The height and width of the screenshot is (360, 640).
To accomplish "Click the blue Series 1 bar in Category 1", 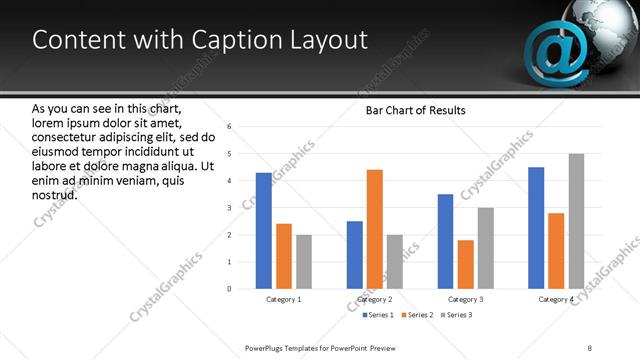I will pos(264,231).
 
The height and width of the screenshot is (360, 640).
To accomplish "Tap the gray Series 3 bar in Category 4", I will pos(576,221).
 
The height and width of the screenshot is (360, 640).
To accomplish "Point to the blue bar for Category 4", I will pos(536,228).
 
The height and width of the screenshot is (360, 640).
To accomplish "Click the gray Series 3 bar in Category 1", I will pos(304,262).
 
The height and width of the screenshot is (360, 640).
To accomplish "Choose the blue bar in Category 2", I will pos(355,255).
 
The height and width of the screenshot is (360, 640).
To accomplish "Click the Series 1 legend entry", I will pos(377,315).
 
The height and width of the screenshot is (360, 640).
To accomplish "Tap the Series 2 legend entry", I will pos(415,315).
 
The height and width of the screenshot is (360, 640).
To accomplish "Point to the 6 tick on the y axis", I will pos(229,127).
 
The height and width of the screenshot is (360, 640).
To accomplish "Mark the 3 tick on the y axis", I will pos(229,208).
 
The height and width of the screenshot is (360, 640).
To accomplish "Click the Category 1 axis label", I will pos(284,299).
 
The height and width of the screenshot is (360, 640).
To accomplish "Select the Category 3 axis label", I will pos(465,299).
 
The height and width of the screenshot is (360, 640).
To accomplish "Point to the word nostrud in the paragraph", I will pos(55,194).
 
